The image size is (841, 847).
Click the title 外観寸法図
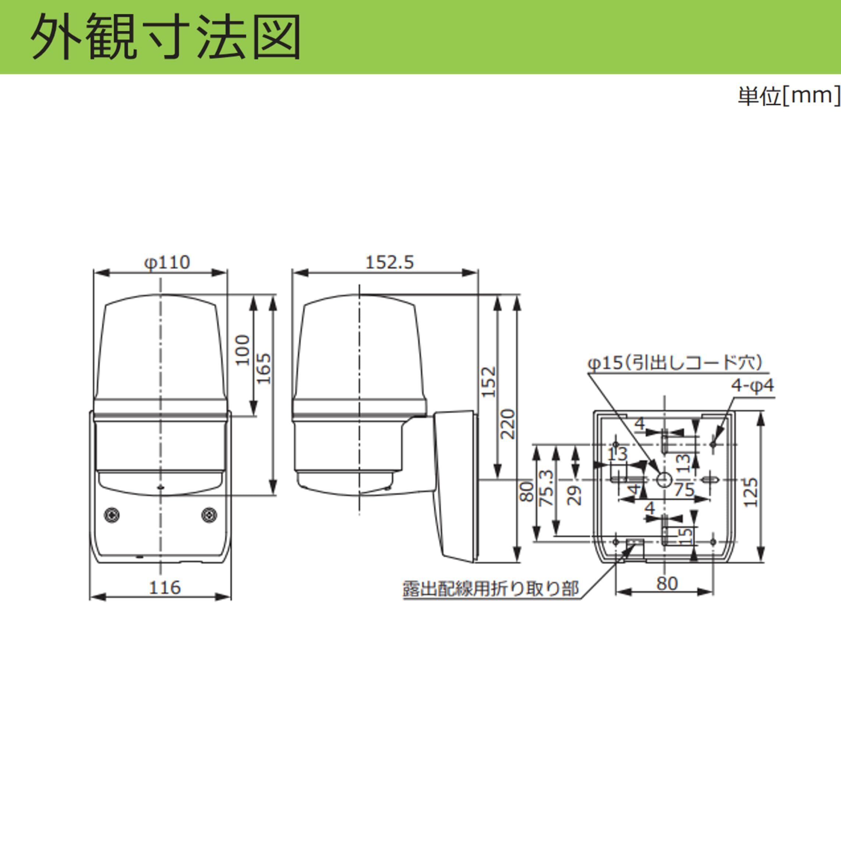[166, 37]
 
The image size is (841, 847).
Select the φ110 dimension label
[167, 263]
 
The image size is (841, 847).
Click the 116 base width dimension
[165, 587]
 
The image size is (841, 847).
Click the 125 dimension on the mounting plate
[750, 492]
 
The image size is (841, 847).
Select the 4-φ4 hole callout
[752, 386]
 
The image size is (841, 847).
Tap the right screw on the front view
[209, 515]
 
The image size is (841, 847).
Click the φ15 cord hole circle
[664, 479]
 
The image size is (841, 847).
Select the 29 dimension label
[576, 495]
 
